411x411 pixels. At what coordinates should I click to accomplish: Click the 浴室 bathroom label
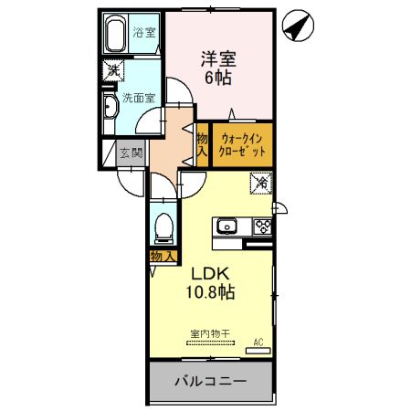pos(143,31)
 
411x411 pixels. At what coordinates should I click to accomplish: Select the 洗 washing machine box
pos(111,69)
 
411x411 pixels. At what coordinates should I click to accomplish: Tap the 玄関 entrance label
pos(132,153)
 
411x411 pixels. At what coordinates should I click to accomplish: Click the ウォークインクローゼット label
pos(242,144)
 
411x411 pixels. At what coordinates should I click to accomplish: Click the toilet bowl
pos(165,226)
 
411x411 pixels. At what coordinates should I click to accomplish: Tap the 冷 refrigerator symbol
pos(261,184)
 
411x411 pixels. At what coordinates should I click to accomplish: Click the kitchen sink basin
pos(227,227)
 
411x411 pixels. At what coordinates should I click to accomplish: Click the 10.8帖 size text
pos(213,292)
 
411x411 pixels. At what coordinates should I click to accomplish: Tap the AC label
pos(258,342)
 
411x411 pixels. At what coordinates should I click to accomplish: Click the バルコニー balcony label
pos(211,381)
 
